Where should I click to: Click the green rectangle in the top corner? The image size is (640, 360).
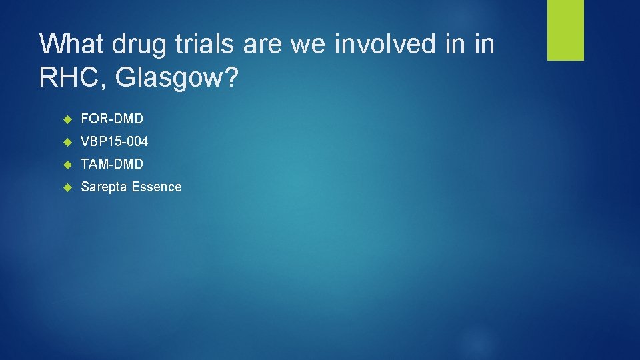[565, 30]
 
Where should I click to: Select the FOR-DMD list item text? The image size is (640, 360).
[112, 119]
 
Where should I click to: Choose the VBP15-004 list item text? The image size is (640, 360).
[115, 141]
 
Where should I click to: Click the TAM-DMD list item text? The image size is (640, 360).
[112, 164]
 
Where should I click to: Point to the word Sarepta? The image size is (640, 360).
[104, 187]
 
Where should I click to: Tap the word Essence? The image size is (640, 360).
[157, 187]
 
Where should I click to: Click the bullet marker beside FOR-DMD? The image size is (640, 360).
[67, 119]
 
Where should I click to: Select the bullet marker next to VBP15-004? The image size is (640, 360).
[67, 141]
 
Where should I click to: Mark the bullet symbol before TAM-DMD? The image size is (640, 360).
[67, 164]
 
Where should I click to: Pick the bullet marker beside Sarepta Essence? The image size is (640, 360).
[67, 187]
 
